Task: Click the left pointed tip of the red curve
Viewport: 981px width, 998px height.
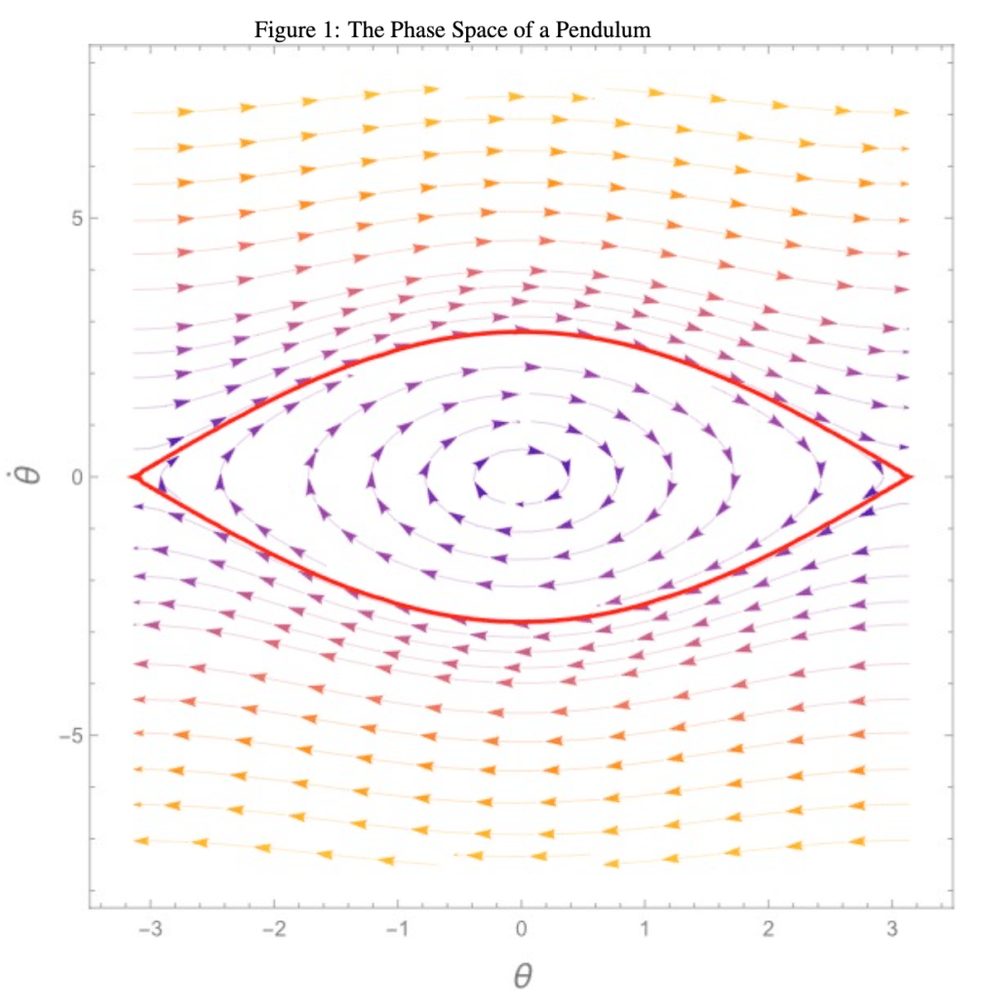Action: tap(133, 477)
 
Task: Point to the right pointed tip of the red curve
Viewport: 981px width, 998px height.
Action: tap(910, 477)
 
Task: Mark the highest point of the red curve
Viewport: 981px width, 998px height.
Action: tap(522, 332)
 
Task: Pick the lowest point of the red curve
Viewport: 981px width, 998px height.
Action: tap(522, 621)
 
